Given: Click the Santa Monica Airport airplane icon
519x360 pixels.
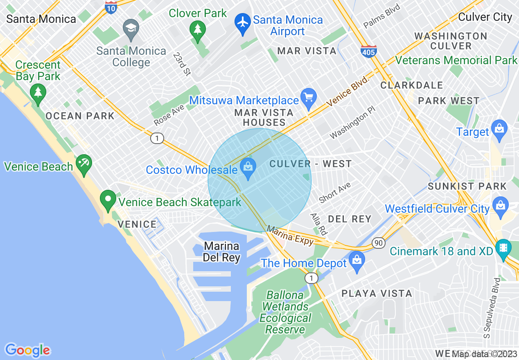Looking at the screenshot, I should (243, 22).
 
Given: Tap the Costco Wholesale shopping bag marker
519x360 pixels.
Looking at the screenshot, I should (248, 168).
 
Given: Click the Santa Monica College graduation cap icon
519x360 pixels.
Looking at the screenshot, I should (131, 28).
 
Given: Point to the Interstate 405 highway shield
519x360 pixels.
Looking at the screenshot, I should (368, 51).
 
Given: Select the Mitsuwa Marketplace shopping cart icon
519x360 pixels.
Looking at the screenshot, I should (309, 98).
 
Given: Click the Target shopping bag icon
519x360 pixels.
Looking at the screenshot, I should (499, 130).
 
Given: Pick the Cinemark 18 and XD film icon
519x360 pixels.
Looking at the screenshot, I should (503, 249).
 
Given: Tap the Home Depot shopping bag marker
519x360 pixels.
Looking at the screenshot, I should (357, 261).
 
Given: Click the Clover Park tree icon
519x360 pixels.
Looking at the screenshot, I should (198, 30).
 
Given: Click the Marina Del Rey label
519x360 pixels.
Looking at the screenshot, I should (221, 252).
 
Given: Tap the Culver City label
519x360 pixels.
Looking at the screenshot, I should (485, 17).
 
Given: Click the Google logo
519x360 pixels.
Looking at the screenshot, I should (27, 350).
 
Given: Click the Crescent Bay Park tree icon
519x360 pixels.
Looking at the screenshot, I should (38, 93).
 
